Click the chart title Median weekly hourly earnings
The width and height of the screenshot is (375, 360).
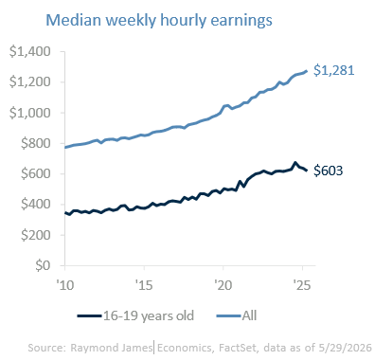(x=159, y=20)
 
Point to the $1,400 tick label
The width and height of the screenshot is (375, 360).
(x=29, y=51)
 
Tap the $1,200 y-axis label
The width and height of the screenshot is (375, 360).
(x=29, y=82)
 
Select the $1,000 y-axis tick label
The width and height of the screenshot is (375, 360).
(x=29, y=113)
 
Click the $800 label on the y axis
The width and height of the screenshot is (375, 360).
(x=35, y=143)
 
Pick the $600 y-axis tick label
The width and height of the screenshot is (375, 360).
(x=35, y=173)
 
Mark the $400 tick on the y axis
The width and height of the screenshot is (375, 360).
(x=35, y=205)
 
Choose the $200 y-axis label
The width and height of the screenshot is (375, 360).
(x=35, y=235)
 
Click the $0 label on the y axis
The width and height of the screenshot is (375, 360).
(x=43, y=265)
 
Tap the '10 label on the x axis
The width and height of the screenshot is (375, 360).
(x=65, y=285)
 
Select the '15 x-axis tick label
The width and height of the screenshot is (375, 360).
(x=144, y=285)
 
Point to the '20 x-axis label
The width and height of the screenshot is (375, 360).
(x=223, y=285)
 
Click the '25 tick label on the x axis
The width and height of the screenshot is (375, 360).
(x=302, y=285)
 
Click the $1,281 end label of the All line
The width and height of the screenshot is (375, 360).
(x=334, y=70)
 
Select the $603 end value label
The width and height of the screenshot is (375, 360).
(x=328, y=171)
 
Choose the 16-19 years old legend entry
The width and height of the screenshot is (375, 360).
(x=135, y=315)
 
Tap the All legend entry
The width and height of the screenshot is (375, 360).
(x=237, y=315)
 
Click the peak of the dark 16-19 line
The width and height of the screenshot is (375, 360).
(x=295, y=163)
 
